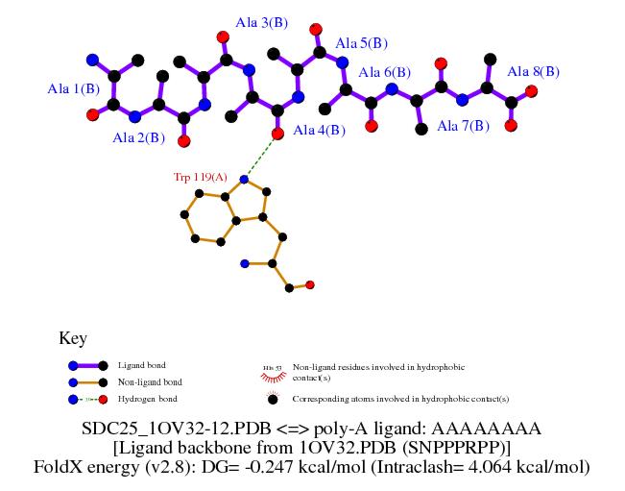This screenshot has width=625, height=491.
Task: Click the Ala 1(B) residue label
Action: tap(74, 89)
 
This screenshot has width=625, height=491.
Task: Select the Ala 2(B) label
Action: tap(139, 138)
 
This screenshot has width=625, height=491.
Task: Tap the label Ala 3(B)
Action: tap(266, 22)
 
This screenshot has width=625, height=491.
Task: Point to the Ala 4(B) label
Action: tap(319, 131)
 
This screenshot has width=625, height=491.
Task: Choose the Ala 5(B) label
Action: tap(362, 43)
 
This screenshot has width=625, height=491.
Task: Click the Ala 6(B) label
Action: tap(385, 72)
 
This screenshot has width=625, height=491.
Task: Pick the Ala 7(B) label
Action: tap(464, 126)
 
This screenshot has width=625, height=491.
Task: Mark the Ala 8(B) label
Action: tap(533, 71)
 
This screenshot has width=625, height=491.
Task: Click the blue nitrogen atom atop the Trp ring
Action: tap(244, 179)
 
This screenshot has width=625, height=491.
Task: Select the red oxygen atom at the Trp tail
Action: tap(310, 284)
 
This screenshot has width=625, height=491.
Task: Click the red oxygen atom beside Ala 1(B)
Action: tap(92, 114)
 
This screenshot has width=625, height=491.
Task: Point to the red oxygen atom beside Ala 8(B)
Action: tap(531, 91)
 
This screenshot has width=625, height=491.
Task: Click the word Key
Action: tap(73, 338)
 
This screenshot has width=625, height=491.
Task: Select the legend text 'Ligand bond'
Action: tap(141, 365)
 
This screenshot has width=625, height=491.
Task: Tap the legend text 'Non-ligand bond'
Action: tap(150, 381)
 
